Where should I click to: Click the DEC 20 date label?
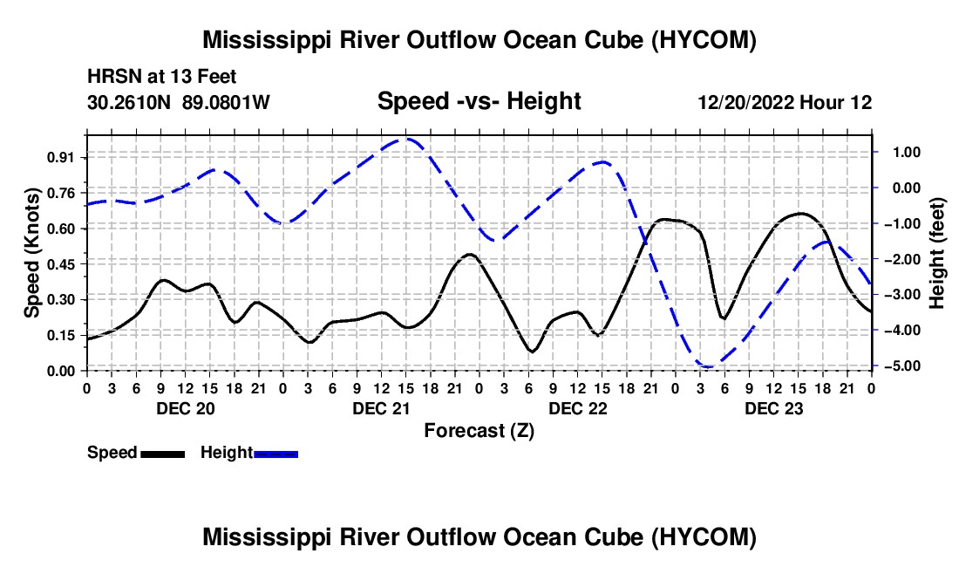coord(186,408)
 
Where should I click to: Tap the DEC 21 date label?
coord(382,408)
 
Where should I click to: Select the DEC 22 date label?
coord(578,408)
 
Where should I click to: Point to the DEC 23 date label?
coord(773,408)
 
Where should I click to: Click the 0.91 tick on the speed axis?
coord(59,158)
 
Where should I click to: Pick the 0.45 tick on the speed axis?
coord(59,264)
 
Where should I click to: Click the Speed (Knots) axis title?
coord(31,253)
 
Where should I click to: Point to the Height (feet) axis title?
coord(937,253)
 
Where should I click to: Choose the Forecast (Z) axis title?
coord(479,431)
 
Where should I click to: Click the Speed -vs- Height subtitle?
coord(479,101)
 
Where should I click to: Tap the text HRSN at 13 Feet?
coord(161,77)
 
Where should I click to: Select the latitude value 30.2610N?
coord(129,102)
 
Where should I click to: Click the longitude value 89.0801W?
coord(226,102)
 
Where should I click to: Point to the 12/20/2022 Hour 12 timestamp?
coord(785,102)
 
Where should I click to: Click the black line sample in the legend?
coord(162,454)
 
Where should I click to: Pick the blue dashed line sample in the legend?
coord(275,454)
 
